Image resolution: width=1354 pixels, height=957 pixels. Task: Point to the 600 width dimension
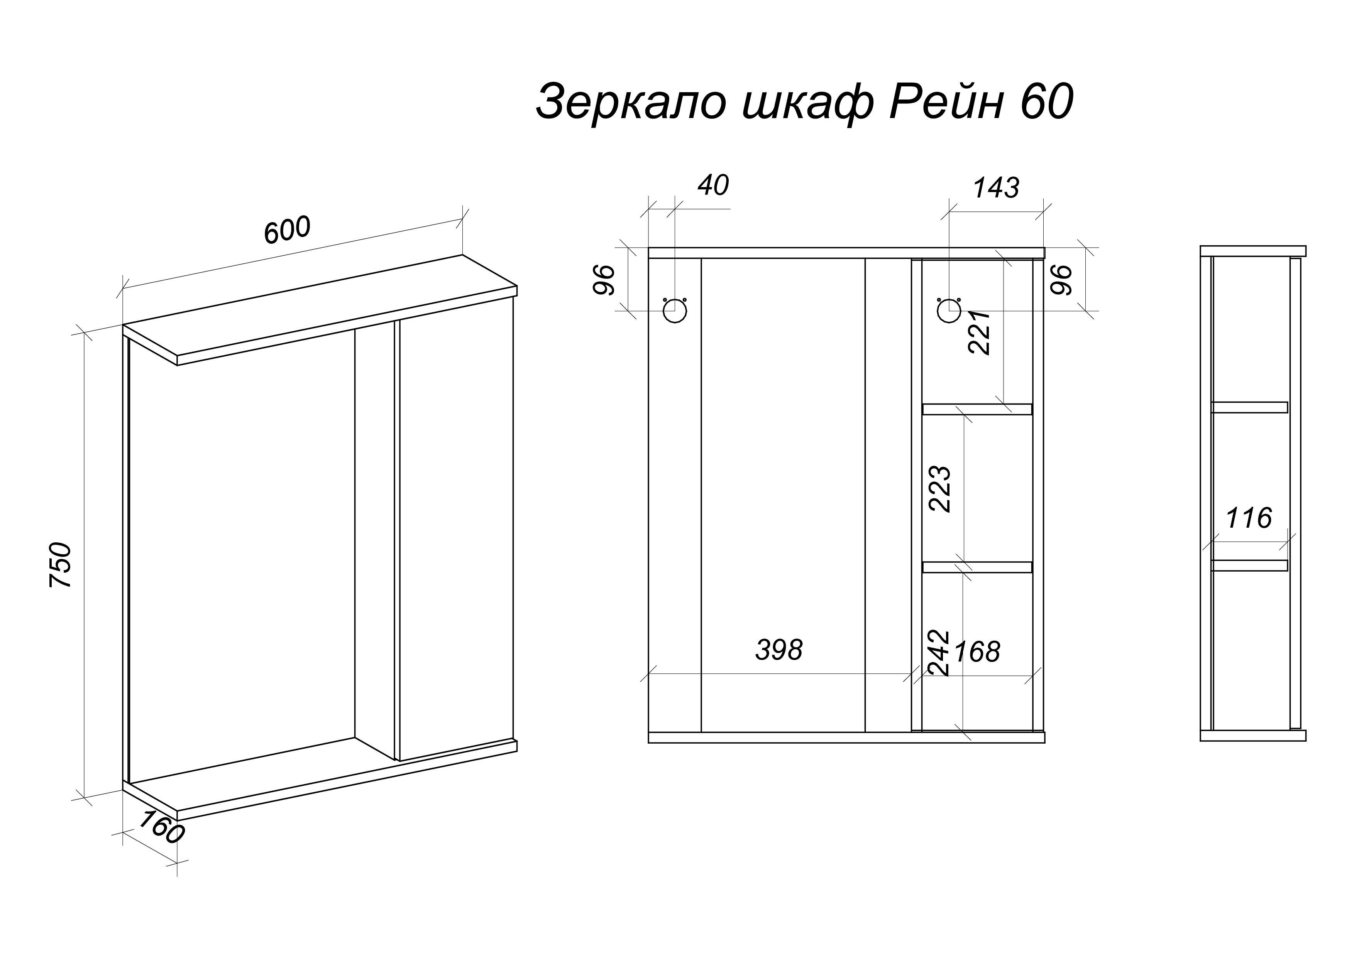click(x=287, y=230)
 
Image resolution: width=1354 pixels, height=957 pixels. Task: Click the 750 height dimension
click(x=61, y=565)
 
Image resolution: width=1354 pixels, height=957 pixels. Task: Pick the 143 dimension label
click(x=995, y=188)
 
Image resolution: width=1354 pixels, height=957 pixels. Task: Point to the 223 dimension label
click(x=940, y=489)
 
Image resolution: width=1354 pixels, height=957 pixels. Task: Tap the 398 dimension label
click(x=779, y=650)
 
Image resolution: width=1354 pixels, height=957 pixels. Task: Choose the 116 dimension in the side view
click(x=1249, y=518)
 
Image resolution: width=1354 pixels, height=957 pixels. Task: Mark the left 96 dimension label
click(x=604, y=280)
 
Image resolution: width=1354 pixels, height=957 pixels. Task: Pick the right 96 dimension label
click(x=1060, y=280)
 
